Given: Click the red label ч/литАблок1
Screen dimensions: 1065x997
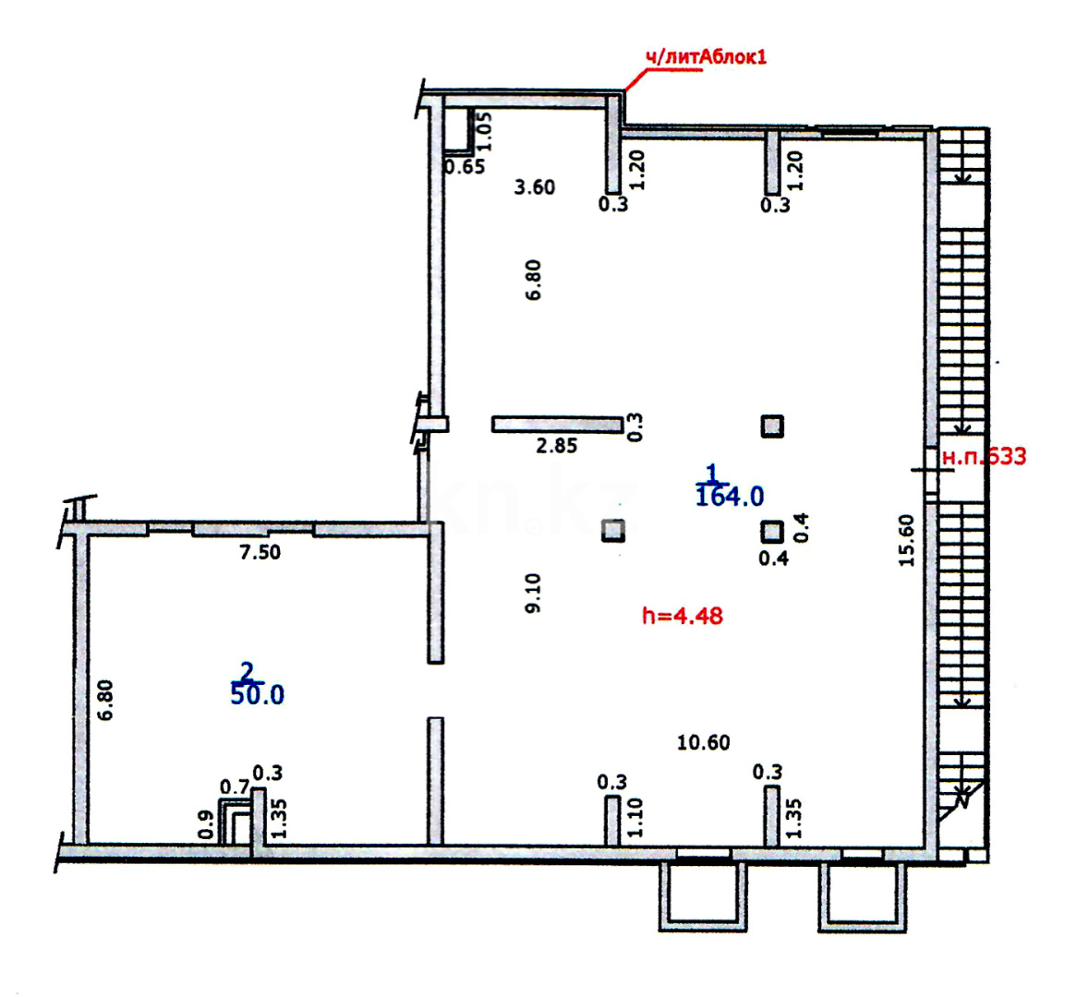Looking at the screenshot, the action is pyautogui.click(x=706, y=57).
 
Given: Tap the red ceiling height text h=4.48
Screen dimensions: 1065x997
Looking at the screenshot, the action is pyautogui.click(x=682, y=617).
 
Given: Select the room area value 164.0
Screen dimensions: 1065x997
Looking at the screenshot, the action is pyautogui.click(x=730, y=497).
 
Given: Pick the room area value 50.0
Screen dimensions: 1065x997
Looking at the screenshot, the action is pyautogui.click(x=257, y=695).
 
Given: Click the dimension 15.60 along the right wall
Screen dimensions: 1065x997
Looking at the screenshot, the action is pyautogui.click(x=907, y=540).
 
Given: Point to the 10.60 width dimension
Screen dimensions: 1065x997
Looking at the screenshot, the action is pyautogui.click(x=703, y=742).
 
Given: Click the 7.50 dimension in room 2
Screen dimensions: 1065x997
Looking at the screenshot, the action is pyautogui.click(x=260, y=552).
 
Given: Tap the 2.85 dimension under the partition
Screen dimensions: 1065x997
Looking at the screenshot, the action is pyautogui.click(x=556, y=446).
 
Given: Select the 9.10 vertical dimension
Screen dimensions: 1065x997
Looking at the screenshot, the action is pyautogui.click(x=533, y=594).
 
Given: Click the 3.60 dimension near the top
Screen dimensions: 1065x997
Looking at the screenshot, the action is pyautogui.click(x=535, y=186).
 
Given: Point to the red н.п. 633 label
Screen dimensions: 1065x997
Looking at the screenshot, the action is pyautogui.click(x=984, y=457).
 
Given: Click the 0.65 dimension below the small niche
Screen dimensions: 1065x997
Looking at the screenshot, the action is pyautogui.click(x=465, y=166).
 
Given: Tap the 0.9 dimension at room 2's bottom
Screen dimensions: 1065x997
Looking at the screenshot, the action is pyautogui.click(x=207, y=825).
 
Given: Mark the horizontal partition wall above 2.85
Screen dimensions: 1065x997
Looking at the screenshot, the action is pyautogui.click(x=557, y=425).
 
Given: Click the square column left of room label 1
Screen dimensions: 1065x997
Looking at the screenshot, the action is pyautogui.click(x=613, y=531).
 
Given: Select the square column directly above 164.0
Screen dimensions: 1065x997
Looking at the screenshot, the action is pyautogui.click(x=772, y=426).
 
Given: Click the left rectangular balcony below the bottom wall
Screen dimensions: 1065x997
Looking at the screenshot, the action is pyautogui.click(x=703, y=895).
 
